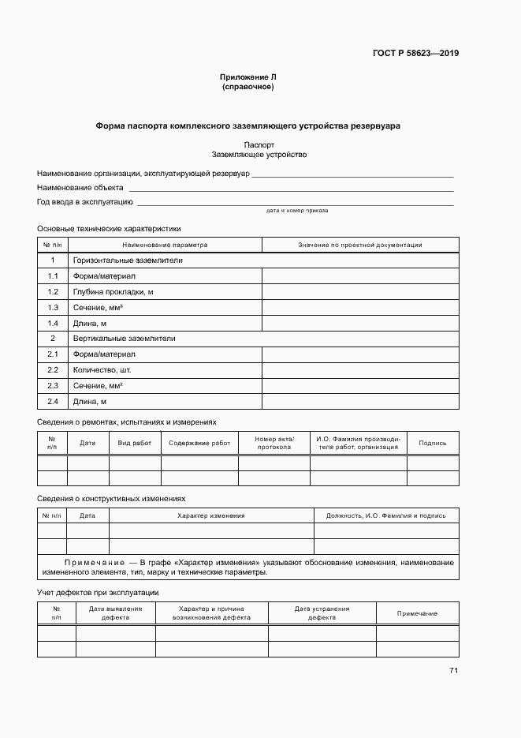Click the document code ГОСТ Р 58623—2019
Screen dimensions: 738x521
[x=415, y=54]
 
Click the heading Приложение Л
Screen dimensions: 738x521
[x=248, y=77]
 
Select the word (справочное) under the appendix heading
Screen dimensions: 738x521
[x=248, y=87]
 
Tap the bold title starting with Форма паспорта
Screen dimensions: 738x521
[x=248, y=125]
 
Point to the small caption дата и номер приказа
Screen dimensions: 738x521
[x=297, y=212]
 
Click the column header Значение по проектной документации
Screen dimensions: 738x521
[x=359, y=245]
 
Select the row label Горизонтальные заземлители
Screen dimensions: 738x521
[x=128, y=260]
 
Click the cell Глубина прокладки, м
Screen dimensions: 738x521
[x=113, y=291]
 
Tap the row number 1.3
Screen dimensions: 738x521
[x=53, y=307]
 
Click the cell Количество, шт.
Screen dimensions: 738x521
[x=102, y=369]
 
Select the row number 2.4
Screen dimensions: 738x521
[x=53, y=401]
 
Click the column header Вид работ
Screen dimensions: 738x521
[x=135, y=444]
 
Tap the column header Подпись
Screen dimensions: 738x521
[x=433, y=444]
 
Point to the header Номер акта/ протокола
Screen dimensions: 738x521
[x=274, y=443]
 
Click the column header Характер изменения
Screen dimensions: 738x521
[x=211, y=515]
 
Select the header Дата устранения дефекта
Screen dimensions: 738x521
[x=322, y=613]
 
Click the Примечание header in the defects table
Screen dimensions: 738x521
[x=417, y=614]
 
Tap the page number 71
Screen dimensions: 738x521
[x=453, y=671]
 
